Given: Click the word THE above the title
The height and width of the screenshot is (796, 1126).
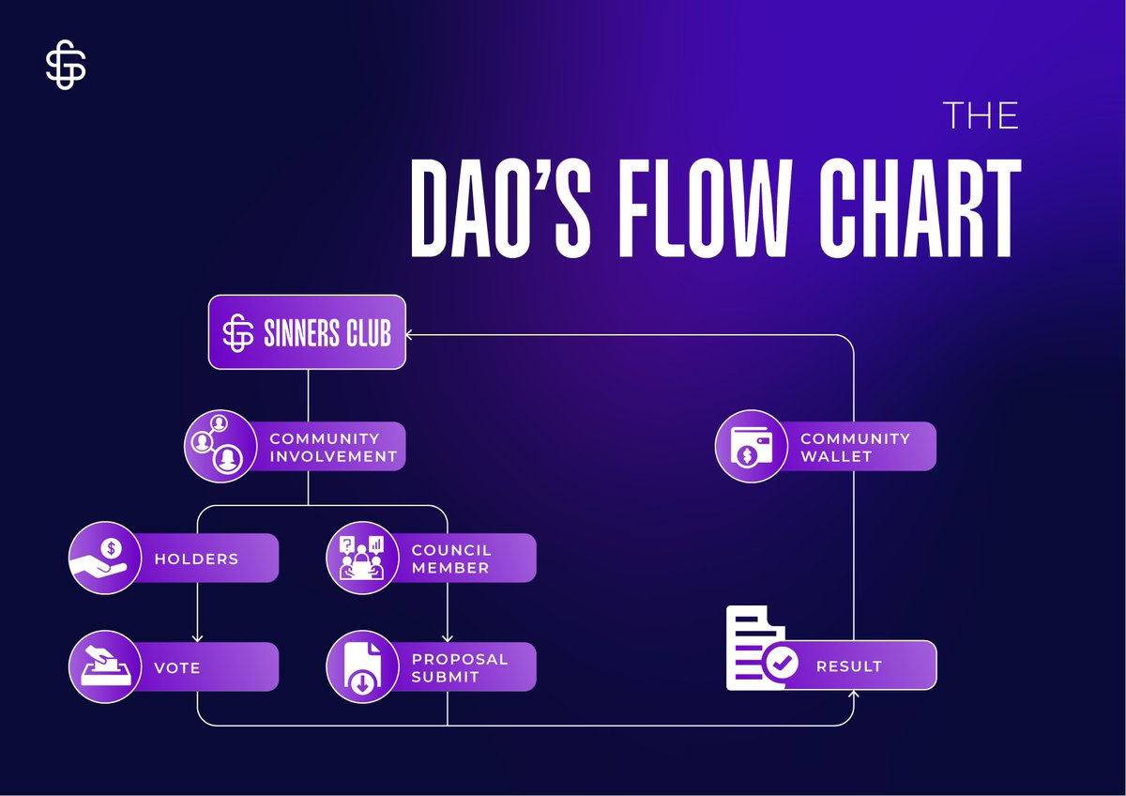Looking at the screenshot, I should pos(981,115).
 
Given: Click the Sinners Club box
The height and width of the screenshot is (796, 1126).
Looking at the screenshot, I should pos(307,332).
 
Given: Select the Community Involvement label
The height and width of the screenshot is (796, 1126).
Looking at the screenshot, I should pos(333,447).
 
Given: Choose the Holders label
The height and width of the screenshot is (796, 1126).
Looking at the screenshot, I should pos(196,559).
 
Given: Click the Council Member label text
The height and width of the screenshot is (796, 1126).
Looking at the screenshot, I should pos(450,559).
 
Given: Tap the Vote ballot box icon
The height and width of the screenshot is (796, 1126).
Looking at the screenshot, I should pos(100,667).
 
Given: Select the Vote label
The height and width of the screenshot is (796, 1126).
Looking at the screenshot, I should pos(177,667).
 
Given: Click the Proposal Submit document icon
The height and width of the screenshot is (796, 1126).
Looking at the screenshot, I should pos(358,667).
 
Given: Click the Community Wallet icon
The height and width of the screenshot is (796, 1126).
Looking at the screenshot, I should pos(748,446).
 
